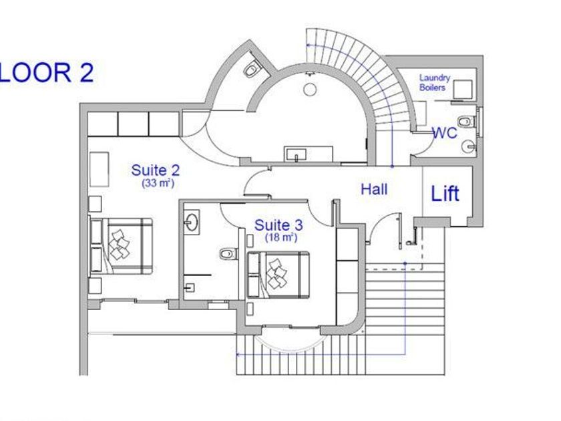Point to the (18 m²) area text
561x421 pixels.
(x=281, y=238)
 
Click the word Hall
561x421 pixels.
(x=374, y=190)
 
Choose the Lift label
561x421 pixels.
(x=445, y=194)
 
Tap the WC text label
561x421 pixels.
(x=444, y=133)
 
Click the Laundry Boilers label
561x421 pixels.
(x=433, y=83)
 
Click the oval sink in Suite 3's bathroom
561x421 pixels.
(x=192, y=222)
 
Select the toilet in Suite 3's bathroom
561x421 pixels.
(x=228, y=254)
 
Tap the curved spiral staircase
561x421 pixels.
(x=361, y=74)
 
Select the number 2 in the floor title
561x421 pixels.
(x=85, y=72)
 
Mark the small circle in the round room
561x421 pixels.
(x=310, y=89)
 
